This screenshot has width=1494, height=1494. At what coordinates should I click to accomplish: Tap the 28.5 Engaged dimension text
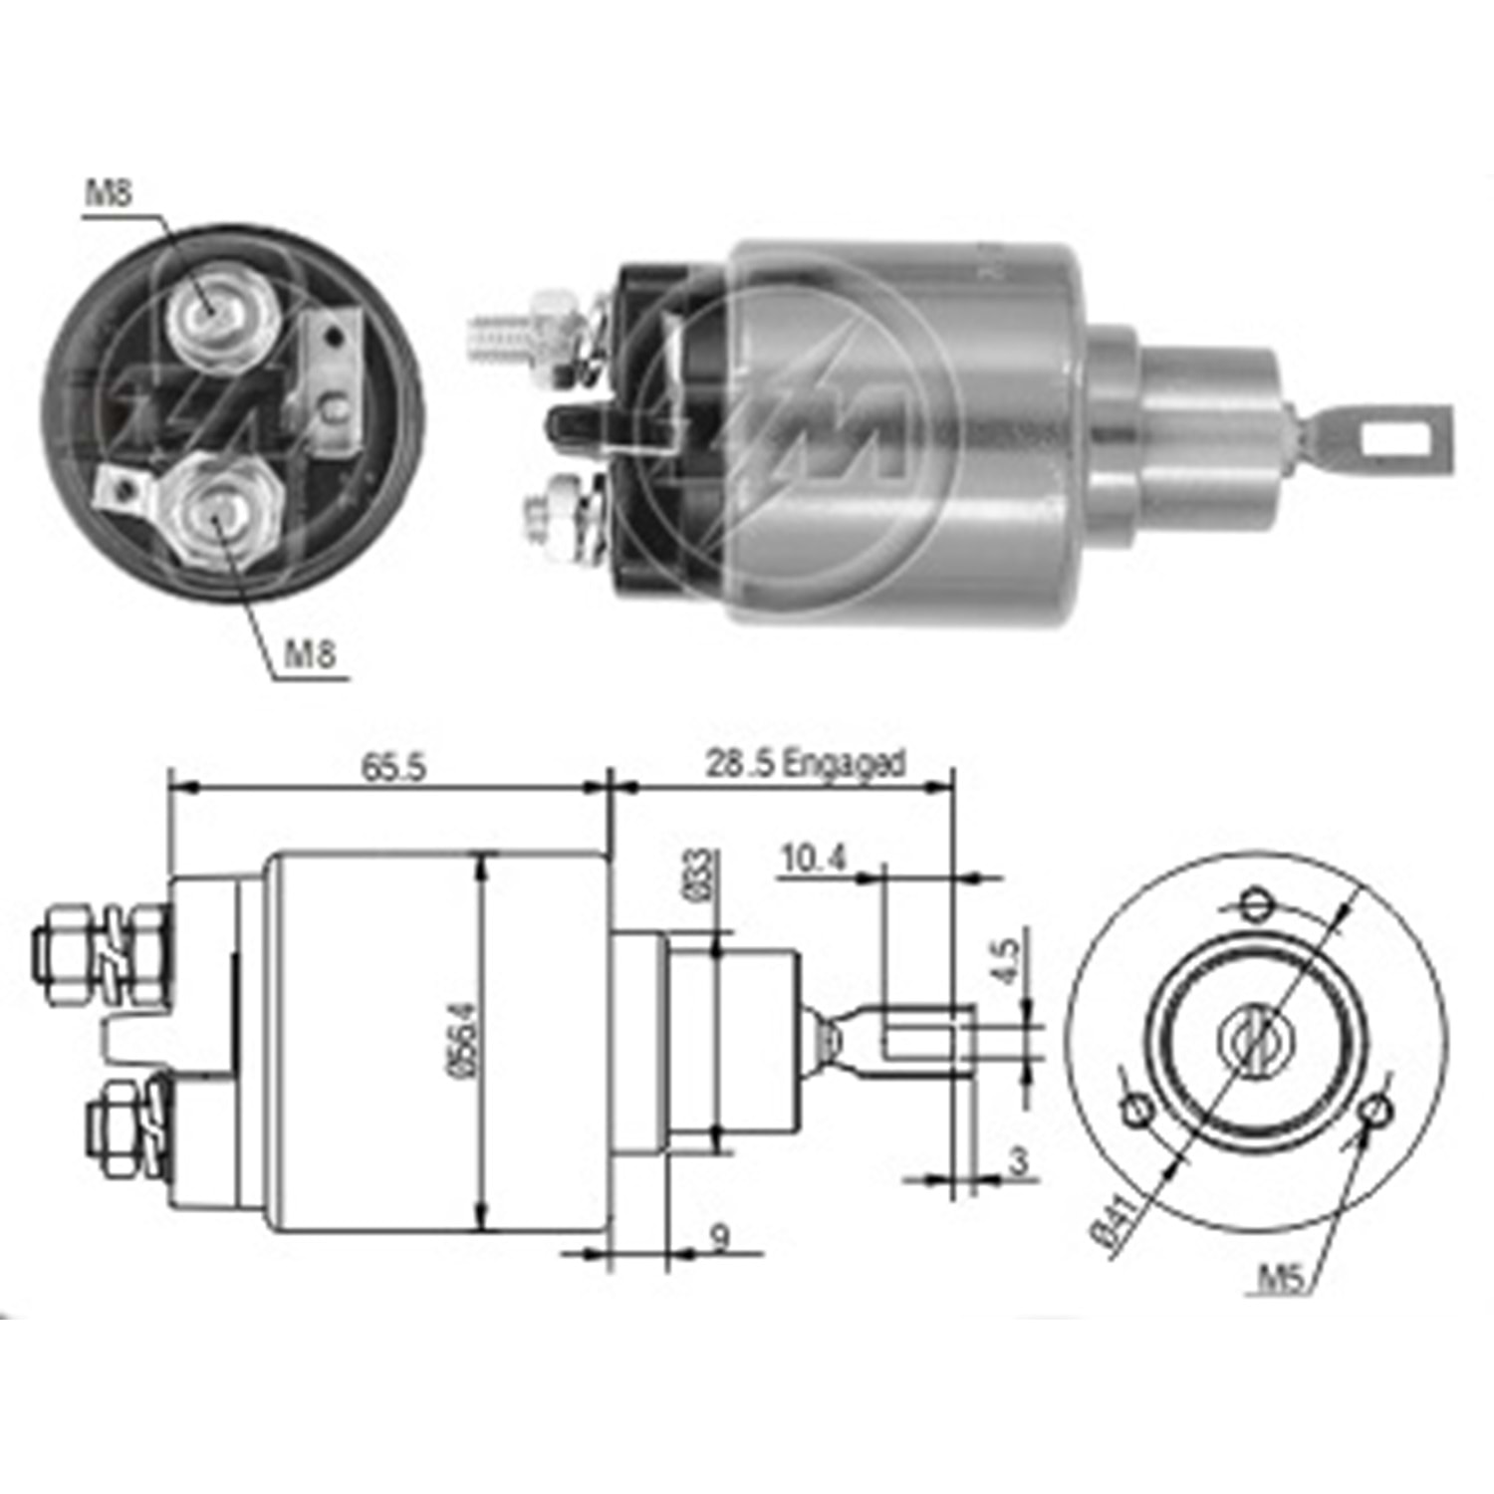[x=805, y=764]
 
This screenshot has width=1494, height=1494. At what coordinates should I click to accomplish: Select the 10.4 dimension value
[x=814, y=858]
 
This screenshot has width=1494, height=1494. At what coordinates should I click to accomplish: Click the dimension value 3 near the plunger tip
[x=1018, y=1161]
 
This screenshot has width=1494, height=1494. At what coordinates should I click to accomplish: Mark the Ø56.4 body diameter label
[x=464, y=1037]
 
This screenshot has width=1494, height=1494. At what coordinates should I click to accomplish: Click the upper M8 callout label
[x=108, y=192]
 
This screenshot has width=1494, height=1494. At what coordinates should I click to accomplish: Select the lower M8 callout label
[x=310, y=654]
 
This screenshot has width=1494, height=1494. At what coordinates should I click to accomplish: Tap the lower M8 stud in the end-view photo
[x=220, y=511]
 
